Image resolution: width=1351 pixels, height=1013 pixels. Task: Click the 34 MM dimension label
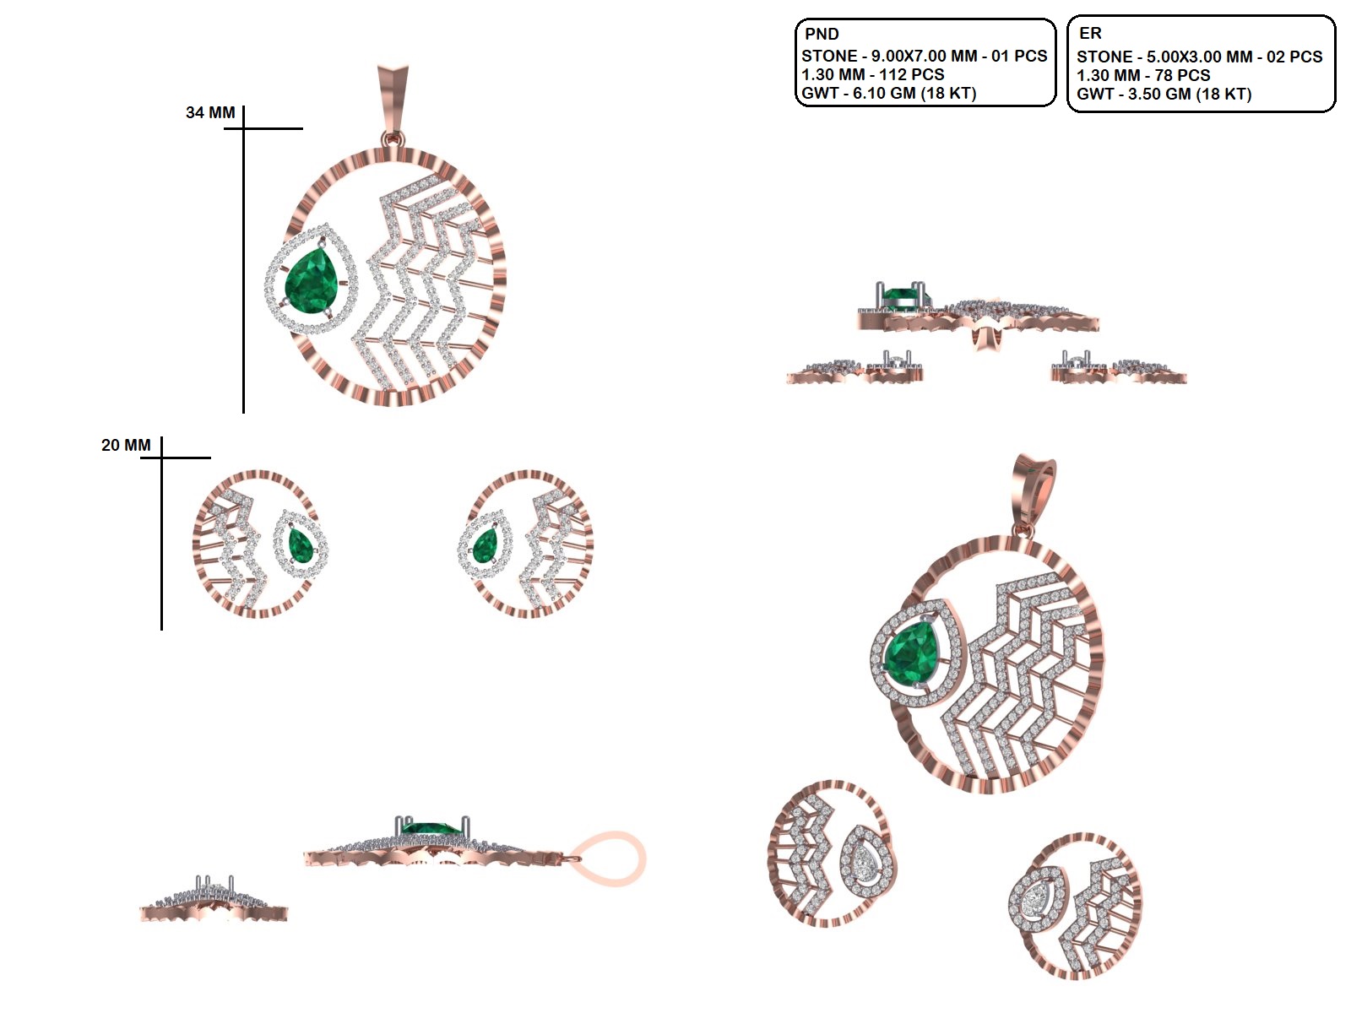click(210, 112)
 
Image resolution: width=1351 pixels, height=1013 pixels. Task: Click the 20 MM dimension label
click(126, 445)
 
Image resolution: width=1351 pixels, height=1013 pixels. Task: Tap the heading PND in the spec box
click(822, 34)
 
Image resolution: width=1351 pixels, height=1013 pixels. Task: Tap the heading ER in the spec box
click(1090, 33)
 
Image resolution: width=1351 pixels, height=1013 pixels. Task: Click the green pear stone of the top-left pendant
click(312, 279)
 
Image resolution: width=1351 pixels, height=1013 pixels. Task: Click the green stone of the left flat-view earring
click(301, 545)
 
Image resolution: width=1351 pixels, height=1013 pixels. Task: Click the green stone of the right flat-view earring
click(485, 545)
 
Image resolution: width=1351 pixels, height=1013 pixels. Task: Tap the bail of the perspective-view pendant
click(1034, 496)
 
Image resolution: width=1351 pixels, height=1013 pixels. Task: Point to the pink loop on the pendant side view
click(608, 859)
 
